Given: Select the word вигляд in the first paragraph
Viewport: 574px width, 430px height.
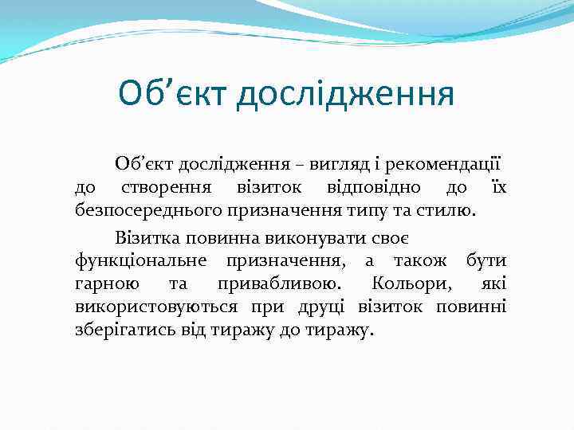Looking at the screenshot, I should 322,165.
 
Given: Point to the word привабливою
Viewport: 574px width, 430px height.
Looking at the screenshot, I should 277,284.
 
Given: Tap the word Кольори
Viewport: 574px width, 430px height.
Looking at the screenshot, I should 411,284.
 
